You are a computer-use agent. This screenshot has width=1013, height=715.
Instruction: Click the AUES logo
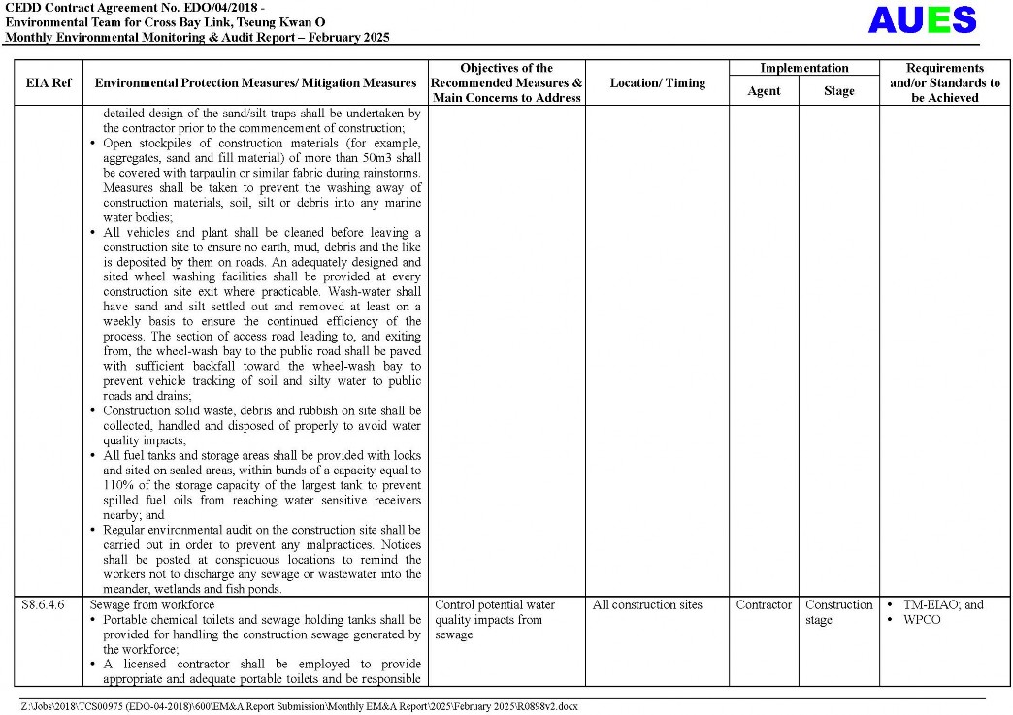coord(922,19)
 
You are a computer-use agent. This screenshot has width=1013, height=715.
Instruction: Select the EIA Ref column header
coord(48,83)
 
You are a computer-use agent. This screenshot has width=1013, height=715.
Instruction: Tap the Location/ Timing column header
coord(657,83)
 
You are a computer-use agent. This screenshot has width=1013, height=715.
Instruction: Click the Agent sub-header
coord(764,91)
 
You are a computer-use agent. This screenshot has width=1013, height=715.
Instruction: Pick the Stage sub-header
coord(838,91)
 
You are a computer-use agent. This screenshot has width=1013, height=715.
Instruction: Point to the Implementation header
coord(803,68)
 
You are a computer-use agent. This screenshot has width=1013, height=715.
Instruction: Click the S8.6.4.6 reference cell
coord(43,605)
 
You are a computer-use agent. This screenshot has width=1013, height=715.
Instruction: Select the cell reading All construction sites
coord(647,605)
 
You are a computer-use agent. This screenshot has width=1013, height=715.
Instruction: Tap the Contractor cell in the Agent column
coord(764,605)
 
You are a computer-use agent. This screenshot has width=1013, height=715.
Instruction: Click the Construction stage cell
coord(838,612)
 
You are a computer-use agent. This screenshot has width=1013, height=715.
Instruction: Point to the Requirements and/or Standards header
coord(944,83)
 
